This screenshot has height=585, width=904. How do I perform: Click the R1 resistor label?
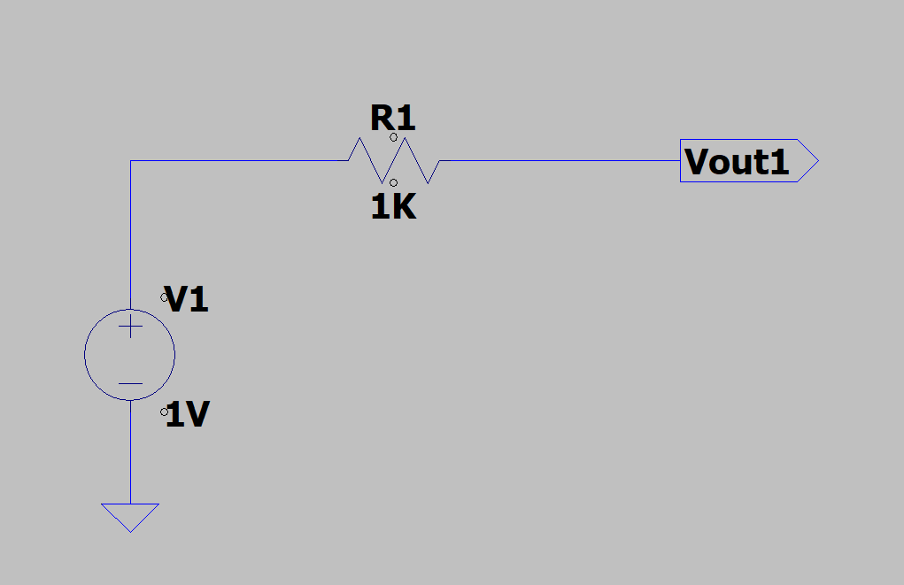(392, 119)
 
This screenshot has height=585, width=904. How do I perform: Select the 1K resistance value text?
(393, 207)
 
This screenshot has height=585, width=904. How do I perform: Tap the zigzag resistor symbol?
(393, 160)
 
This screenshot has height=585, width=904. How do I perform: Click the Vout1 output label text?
(737, 162)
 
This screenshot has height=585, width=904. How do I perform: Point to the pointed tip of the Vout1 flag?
(817, 161)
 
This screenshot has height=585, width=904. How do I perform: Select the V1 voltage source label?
(188, 301)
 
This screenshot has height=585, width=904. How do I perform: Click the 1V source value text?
(188, 415)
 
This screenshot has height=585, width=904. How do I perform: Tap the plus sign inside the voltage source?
(130, 327)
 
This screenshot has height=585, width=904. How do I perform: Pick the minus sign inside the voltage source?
(130, 384)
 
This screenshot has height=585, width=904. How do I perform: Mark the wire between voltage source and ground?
(130, 451)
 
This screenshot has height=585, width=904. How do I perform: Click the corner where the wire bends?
(130, 161)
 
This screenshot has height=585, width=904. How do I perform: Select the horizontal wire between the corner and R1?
(239, 161)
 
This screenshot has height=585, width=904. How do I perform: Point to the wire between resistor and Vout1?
(558, 161)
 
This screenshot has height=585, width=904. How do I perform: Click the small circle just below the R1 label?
(393, 137)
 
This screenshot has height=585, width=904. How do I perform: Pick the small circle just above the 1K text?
(393, 182)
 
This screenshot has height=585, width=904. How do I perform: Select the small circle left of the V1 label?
(164, 297)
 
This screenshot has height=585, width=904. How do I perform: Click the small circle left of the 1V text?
(164, 412)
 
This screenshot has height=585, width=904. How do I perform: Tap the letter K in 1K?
(404, 207)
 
